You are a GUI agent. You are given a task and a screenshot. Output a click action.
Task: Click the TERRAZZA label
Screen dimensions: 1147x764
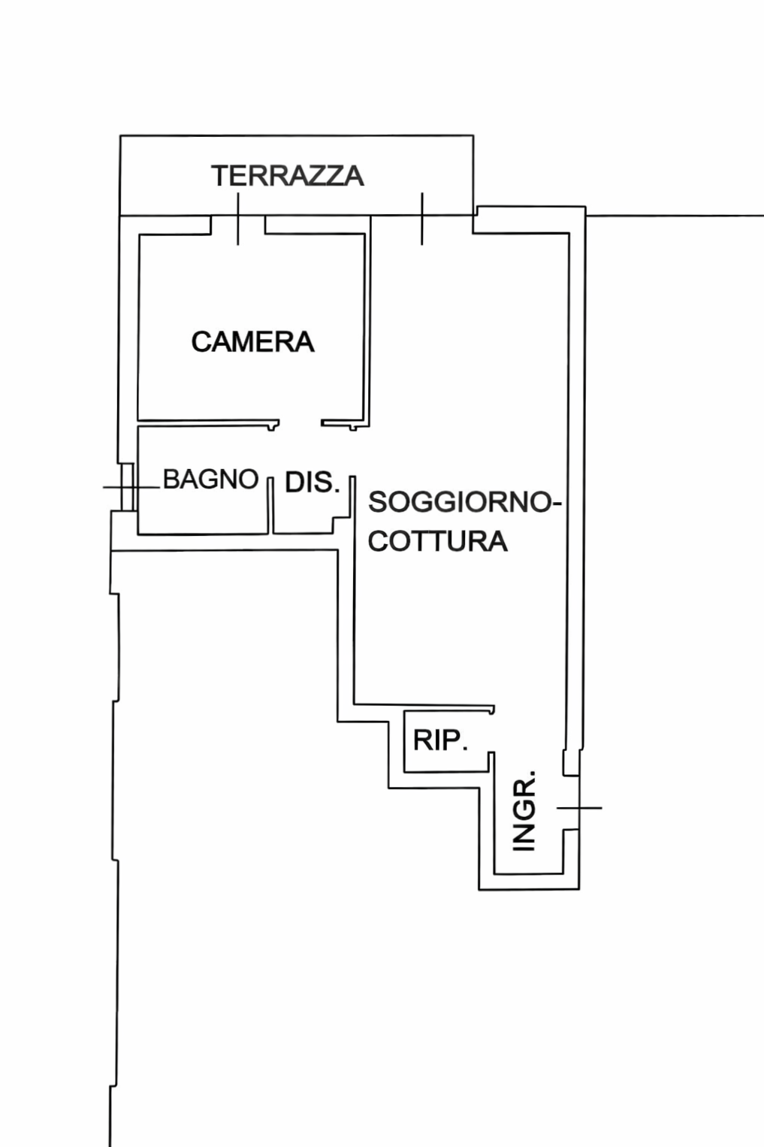(288, 176)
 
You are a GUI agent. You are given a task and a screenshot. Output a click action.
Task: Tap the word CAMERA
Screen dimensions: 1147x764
(252, 342)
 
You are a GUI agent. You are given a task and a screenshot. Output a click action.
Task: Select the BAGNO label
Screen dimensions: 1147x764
(210, 479)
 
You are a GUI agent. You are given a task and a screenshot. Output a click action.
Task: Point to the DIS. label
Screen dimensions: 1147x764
(312, 483)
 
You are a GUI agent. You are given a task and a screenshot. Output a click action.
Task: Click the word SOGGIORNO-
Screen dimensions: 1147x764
(464, 502)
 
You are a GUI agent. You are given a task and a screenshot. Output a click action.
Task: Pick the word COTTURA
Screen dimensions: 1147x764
(437, 541)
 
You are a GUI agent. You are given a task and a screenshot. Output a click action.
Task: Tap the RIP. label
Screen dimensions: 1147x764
(440, 740)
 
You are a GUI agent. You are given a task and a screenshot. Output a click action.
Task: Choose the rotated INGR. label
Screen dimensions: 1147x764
(524, 810)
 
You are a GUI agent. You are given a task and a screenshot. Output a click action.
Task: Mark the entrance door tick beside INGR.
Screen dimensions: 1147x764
(579, 808)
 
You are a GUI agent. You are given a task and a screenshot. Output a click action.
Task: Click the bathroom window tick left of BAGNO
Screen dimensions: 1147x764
(128, 487)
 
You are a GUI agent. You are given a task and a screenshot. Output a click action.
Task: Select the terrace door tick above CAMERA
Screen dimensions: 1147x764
(238, 219)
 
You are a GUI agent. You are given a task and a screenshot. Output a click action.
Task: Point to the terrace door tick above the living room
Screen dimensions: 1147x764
(421, 219)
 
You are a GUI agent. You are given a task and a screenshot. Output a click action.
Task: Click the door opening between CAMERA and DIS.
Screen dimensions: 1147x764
(300, 424)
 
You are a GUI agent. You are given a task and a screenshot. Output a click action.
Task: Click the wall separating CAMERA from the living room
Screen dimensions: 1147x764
(367, 323)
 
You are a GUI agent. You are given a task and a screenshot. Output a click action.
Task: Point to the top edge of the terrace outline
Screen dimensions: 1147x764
(297, 136)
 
